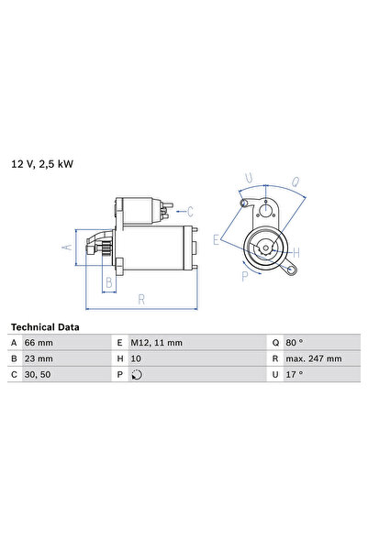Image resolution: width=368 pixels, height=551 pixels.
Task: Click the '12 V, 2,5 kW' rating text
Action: (x=42, y=164)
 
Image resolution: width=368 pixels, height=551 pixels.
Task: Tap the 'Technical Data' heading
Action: (x=45, y=326)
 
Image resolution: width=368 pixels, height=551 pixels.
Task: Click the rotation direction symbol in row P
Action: (x=138, y=374)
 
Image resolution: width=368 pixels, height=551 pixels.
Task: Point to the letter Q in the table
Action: (x=274, y=343)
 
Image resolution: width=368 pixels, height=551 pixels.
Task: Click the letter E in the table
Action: (x=119, y=343)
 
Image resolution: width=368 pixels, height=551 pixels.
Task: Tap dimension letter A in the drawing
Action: (x=65, y=247)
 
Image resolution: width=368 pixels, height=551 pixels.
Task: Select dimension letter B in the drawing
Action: (x=108, y=283)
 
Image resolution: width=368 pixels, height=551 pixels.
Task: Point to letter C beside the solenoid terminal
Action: (x=189, y=210)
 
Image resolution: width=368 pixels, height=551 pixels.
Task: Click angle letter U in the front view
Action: (x=249, y=179)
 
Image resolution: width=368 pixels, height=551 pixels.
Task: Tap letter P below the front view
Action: (x=243, y=275)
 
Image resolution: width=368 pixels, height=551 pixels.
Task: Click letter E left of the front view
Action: (x=217, y=240)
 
